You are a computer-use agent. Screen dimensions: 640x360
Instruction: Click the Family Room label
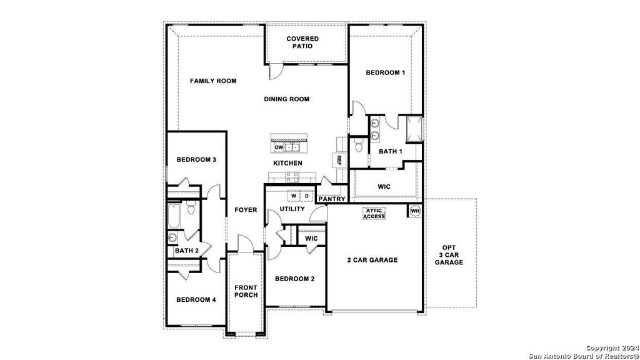(x=213, y=81)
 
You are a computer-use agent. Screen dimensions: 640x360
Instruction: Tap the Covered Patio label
(x=302, y=42)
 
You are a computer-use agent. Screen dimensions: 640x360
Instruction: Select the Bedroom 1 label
(x=385, y=72)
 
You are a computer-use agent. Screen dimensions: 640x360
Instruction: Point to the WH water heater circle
(x=415, y=211)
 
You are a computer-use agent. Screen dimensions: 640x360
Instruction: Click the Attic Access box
(x=374, y=214)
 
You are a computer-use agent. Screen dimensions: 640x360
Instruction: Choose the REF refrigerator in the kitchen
(x=339, y=160)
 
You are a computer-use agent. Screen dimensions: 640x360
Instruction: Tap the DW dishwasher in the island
(x=279, y=147)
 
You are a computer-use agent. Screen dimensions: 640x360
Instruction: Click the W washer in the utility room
(x=294, y=196)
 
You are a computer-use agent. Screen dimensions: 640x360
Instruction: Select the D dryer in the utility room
(x=306, y=196)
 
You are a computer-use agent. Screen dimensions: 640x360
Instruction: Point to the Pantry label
(x=332, y=199)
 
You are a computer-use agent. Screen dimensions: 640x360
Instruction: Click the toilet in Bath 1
(x=359, y=145)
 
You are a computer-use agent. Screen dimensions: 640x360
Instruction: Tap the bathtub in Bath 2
(x=173, y=216)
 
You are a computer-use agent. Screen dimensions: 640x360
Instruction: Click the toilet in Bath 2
(x=191, y=207)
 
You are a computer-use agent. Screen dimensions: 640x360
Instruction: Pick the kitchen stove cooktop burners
(x=292, y=177)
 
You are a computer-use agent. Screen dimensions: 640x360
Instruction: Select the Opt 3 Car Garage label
(x=449, y=255)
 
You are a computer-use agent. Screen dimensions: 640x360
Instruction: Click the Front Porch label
(x=246, y=291)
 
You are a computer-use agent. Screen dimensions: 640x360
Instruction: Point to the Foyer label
(x=246, y=210)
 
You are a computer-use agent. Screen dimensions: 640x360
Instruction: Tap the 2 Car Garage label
(x=372, y=260)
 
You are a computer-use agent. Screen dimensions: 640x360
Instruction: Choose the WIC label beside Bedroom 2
(x=311, y=238)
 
